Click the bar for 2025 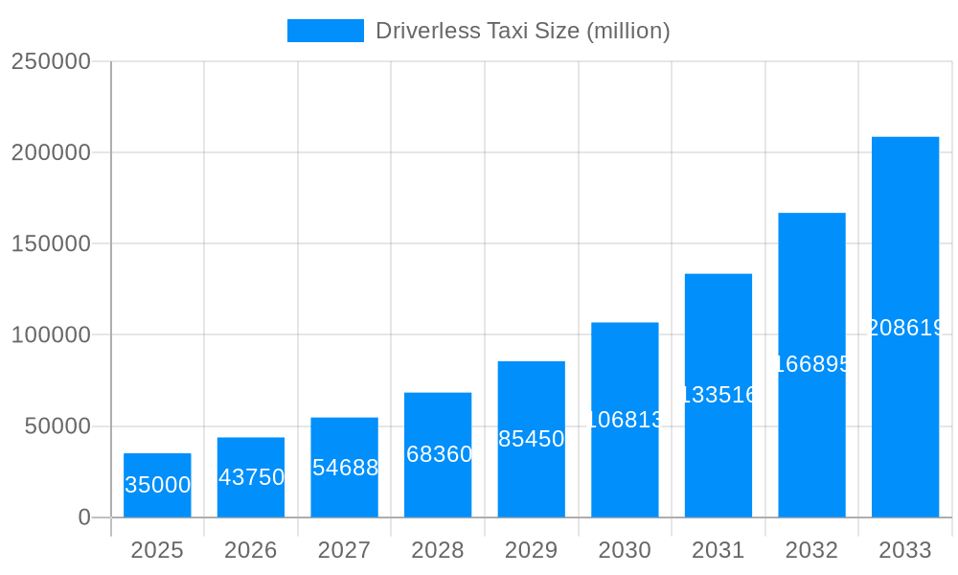click(157, 485)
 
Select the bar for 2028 click(438, 454)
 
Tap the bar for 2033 click(905, 327)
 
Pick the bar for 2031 click(718, 395)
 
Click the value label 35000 click(157, 485)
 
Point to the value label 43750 click(251, 477)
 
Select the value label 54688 click(345, 468)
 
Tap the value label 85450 click(532, 439)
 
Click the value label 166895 click(811, 364)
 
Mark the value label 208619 click(905, 329)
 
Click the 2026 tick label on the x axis click(251, 550)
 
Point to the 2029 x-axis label click(532, 550)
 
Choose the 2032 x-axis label click(811, 550)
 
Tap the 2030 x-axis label click(625, 550)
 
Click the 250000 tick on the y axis click(51, 61)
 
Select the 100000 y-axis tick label click(51, 335)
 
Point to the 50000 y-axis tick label click(57, 426)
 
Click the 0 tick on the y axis click(84, 517)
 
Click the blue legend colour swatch click(326, 31)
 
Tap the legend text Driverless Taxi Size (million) click(522, 31)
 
